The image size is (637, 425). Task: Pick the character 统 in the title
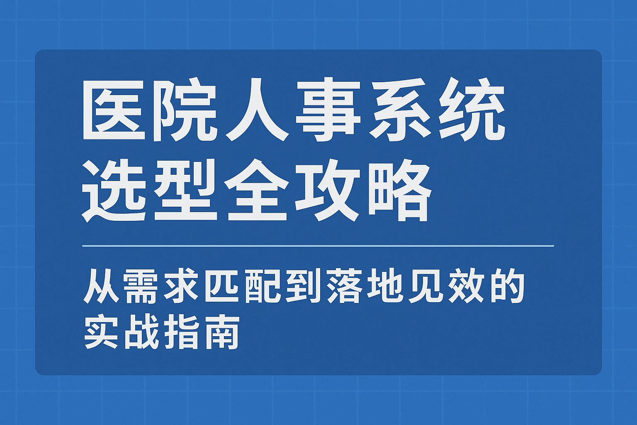pos(472,110)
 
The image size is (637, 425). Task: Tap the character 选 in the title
pos(114,191)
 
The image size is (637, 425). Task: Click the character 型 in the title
pos(186,191)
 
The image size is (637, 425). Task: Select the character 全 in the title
pos(258,191)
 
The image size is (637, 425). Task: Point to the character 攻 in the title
pos(329,191)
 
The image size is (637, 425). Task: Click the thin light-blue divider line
pos(318,246)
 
